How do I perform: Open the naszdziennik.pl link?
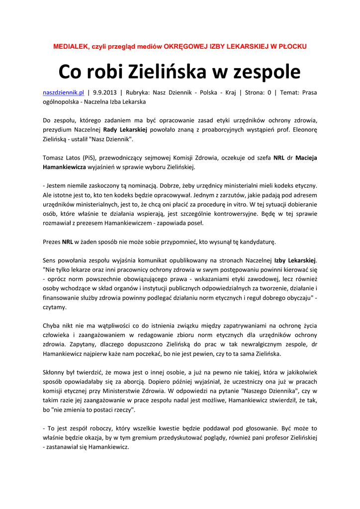(63, 92)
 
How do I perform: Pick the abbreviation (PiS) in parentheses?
(90, 158)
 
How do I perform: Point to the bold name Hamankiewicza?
(64, 167)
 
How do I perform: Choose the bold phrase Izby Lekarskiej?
(295, 260)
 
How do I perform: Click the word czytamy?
(54, 307)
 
